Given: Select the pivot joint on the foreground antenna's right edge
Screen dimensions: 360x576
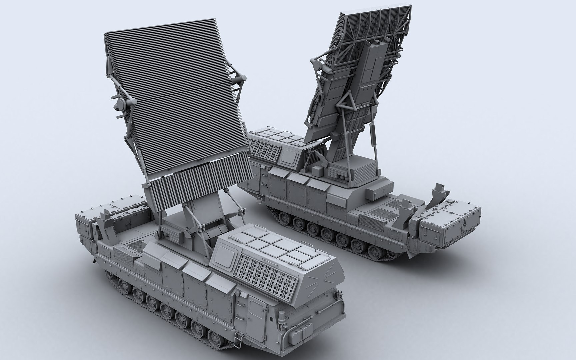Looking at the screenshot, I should [x=241, y=79].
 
